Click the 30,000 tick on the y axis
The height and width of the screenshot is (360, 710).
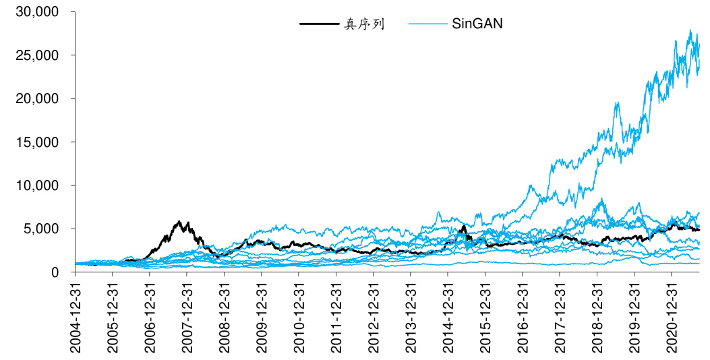point(36,12)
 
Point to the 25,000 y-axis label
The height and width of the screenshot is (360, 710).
point(36,55)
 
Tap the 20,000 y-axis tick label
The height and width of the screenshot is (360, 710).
point(36,98)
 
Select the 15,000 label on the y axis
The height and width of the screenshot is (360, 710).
point(36,142)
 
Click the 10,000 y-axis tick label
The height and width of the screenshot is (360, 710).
point(36,185)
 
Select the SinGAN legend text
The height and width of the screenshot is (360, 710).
point(477,24)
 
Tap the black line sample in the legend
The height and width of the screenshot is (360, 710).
point(319,24)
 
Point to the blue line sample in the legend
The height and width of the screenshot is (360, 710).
point(427,24)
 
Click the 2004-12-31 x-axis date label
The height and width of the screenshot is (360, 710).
point(76,317)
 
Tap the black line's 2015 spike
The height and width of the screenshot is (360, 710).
point(463,227)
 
